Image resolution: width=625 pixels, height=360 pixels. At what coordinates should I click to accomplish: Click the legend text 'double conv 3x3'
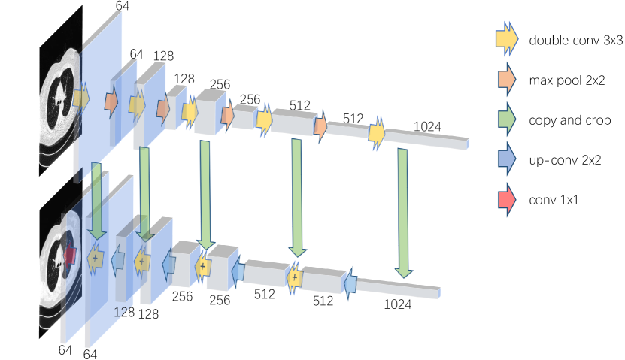click(x=575, y=41)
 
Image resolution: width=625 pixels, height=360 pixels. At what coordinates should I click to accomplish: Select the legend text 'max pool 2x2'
click(x=567, y=80)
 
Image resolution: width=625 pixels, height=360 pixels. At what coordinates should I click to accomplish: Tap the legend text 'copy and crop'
click(x=570, y=120)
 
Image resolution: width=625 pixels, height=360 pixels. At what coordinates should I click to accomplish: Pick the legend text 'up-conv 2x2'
click(x=565, y=160)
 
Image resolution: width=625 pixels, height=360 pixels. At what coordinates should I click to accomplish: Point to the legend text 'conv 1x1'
click(x=554, y=200)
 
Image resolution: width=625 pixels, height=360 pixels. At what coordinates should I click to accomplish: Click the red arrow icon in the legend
click(x=507, y=199)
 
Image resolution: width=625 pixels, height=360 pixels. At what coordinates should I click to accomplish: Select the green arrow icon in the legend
click(x=507, y=119)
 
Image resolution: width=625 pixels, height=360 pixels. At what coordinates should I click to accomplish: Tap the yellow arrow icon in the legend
click(x=507, y=39)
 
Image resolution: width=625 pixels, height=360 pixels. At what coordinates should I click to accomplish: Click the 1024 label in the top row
click(x=427, y=126)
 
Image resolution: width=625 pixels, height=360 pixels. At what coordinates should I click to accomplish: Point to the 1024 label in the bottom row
click(x=397, y=304)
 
